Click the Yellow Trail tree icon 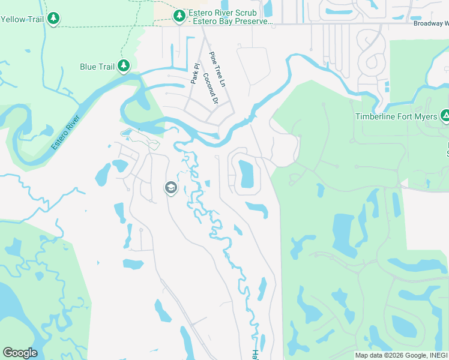(x=54, y=19)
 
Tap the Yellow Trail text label (x=22, y=19)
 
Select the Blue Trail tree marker (x=124, y=66)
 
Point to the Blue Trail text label (x=97, y=67)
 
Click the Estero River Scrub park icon (x=179, y=16)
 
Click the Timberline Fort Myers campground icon (x=445, y=116)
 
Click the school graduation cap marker (x=170, y=188)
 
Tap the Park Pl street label (x=194, y=74)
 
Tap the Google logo (x=20, y=353)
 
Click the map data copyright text (x=401, y=355)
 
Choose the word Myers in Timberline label (x=424, y=116)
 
